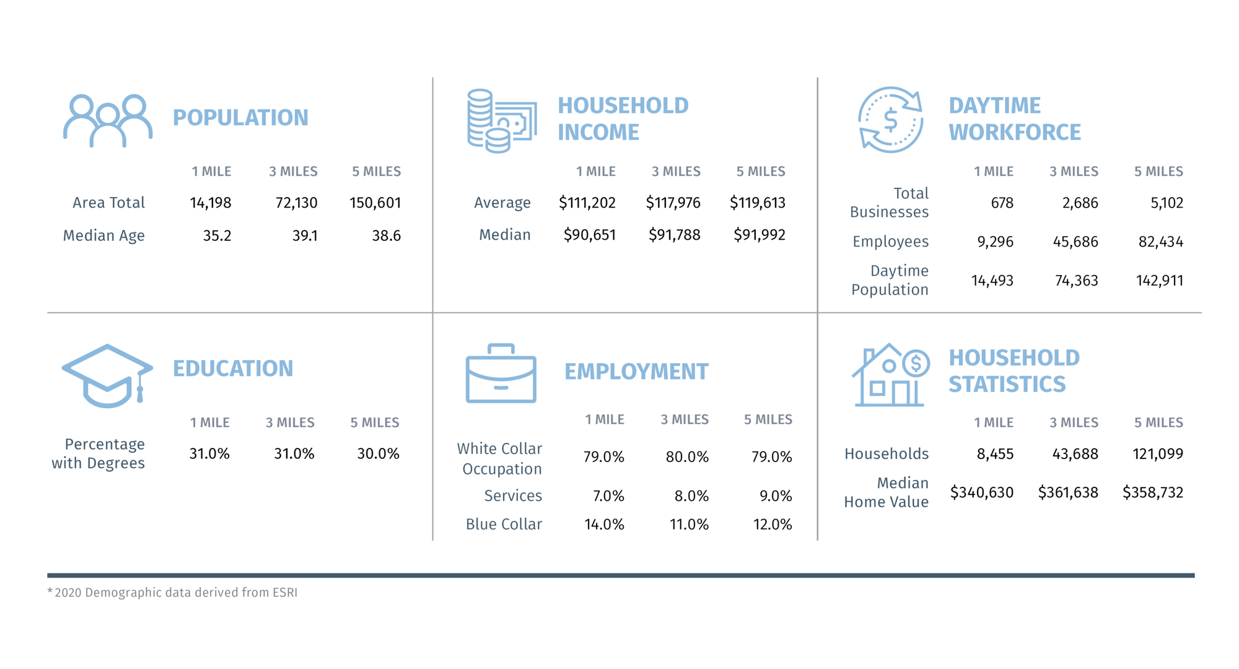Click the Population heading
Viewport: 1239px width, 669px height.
click(240, 118)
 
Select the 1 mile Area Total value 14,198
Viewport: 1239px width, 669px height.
click(211, 203)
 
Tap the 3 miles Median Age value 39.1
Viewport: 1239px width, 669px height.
click(305, 235)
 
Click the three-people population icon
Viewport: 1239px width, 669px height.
click(108, 121)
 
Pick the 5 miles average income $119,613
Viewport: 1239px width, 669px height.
click(757, 203)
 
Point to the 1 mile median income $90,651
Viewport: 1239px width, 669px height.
click(589, 235)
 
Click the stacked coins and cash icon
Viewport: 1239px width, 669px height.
click(501, 121)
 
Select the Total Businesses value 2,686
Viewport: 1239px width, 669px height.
click(1080, 203)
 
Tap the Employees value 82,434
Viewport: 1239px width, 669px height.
click(1160, 242)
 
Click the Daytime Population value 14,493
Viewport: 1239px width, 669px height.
click(992, 281)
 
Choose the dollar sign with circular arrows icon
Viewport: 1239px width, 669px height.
click(891, 120)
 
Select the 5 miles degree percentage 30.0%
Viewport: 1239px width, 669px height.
click(378, 453)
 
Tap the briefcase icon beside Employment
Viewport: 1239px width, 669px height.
click(501, 374)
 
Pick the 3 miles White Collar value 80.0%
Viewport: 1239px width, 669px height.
click(687, 457)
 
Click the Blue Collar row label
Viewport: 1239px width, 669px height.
click(504, 524)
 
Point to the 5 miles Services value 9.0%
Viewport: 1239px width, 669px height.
click(776, 496)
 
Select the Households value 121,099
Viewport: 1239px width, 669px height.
click(1157, 453)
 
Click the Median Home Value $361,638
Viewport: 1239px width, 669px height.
click(1068, 492)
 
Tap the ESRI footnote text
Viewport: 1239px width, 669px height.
click(172, 593)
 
